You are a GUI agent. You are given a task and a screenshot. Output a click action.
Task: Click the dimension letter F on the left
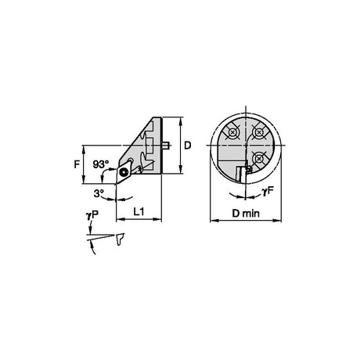(77, 164)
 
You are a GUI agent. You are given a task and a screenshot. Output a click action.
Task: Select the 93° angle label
(101, 164)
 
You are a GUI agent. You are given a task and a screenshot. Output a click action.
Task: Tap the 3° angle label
(99, 193)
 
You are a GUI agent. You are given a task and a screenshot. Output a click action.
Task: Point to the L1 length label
(139, 212)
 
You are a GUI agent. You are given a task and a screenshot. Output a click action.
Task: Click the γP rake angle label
(92, 215)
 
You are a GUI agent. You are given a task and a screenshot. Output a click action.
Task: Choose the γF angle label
(268, 192)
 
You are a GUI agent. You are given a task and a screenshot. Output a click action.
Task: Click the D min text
(246, 214)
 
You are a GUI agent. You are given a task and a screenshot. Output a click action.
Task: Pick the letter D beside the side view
(188, 146)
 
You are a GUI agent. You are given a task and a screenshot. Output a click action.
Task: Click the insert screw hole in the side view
(123, 172)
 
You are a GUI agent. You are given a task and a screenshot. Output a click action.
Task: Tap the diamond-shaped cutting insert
(124, 172)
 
